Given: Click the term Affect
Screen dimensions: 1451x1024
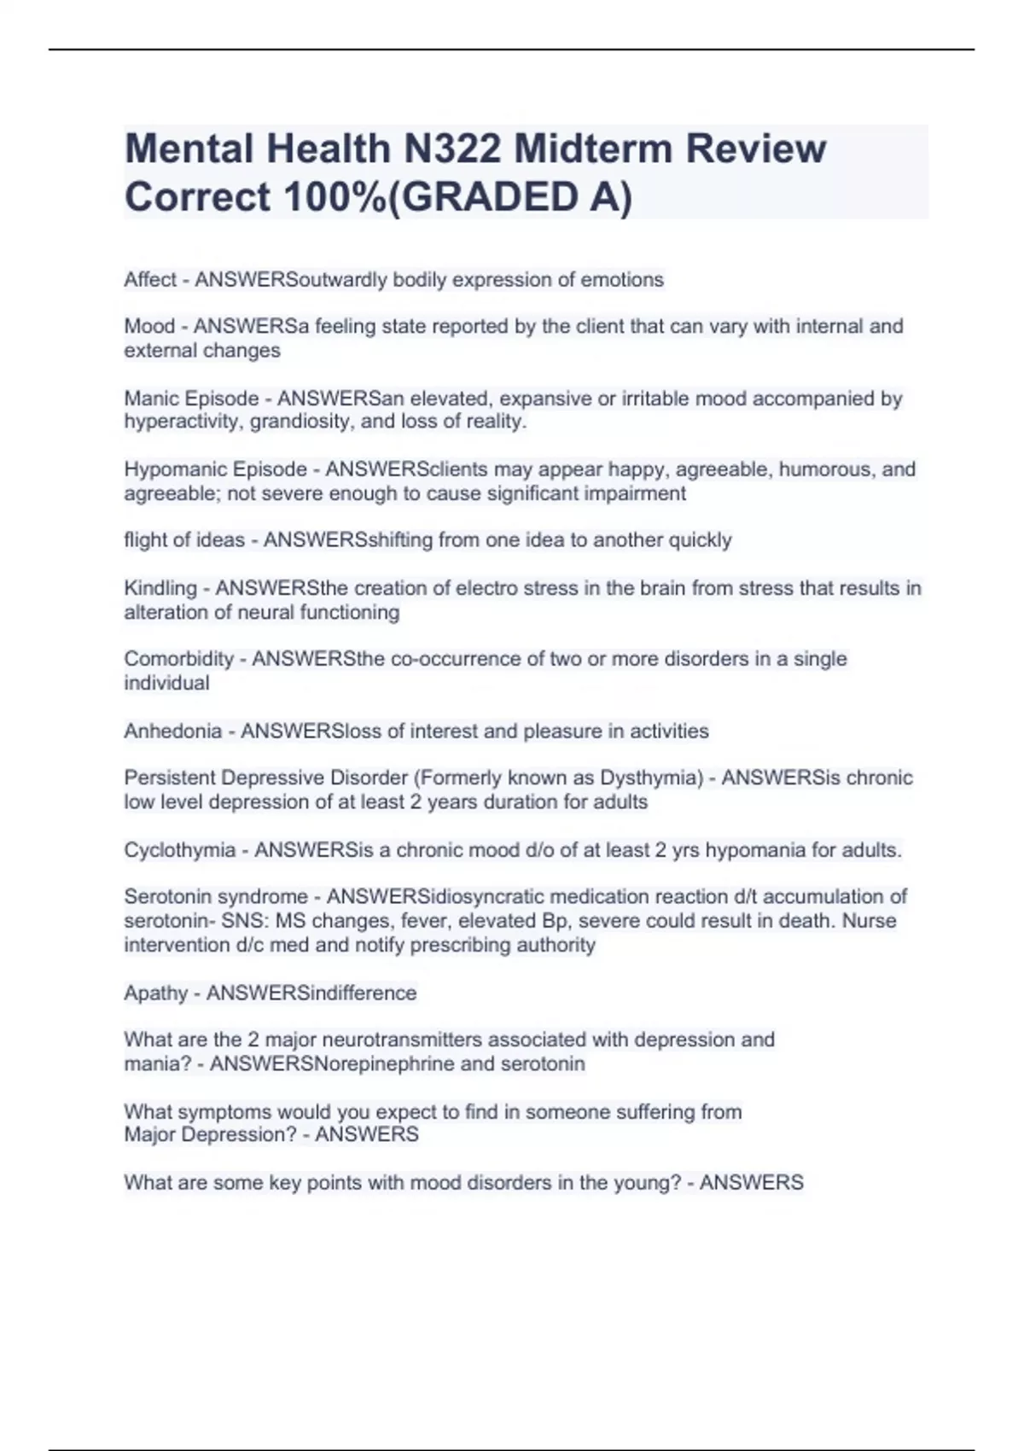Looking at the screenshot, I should point(150,280).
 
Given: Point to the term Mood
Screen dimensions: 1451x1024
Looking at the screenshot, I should point(149,326).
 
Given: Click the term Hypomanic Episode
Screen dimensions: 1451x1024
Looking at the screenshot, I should point(215,469).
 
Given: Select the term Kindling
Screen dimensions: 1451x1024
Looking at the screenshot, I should point(160,588).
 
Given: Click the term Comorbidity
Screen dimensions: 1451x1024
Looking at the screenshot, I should point(178,659).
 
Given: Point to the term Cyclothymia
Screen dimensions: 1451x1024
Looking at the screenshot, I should point(179,850).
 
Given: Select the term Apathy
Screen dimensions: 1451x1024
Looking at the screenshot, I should point(155,993).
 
